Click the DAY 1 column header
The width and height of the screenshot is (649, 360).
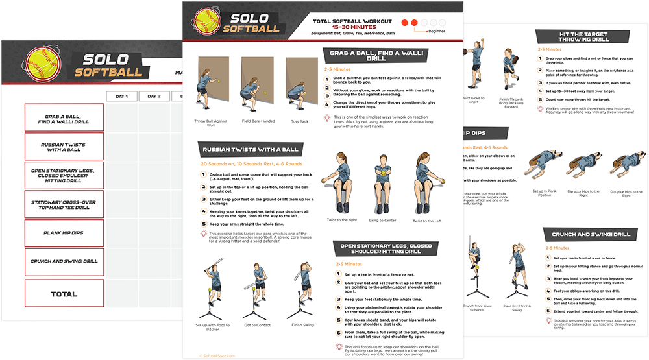122,97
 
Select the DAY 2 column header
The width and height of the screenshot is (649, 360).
154,97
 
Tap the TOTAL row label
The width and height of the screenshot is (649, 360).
64,294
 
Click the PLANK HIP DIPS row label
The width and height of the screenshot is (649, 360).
64,233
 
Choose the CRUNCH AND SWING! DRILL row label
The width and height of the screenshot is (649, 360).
64,261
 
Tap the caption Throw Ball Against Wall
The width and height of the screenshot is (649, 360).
211,123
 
